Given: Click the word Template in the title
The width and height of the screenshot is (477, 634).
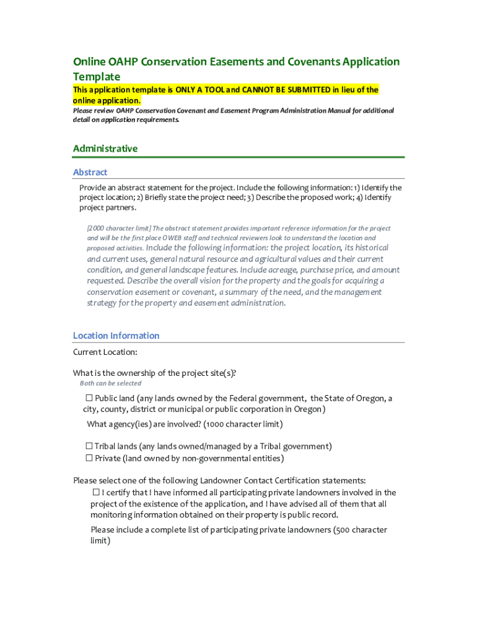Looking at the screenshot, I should coord(97,76).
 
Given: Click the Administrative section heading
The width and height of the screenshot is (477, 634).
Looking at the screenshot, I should coord(105,149).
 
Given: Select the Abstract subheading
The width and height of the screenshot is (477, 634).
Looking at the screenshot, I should coord(90,172).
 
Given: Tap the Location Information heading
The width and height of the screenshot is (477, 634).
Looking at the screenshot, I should coord(116,336).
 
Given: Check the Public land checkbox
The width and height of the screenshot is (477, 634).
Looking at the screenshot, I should coord(89,398).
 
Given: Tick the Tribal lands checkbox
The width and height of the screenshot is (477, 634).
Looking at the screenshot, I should coord(89,446).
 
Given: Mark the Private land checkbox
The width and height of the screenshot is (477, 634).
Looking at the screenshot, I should coord(89,458).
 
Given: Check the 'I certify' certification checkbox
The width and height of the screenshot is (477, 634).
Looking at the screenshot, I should coord(96,492).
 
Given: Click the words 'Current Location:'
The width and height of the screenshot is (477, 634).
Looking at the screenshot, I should coord(105,352).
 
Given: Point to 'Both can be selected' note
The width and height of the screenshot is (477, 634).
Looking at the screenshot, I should coord(110,383).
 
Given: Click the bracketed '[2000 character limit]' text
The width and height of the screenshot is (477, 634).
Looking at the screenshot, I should coord(118,228).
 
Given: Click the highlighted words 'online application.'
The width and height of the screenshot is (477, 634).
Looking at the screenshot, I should coord(107,100).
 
